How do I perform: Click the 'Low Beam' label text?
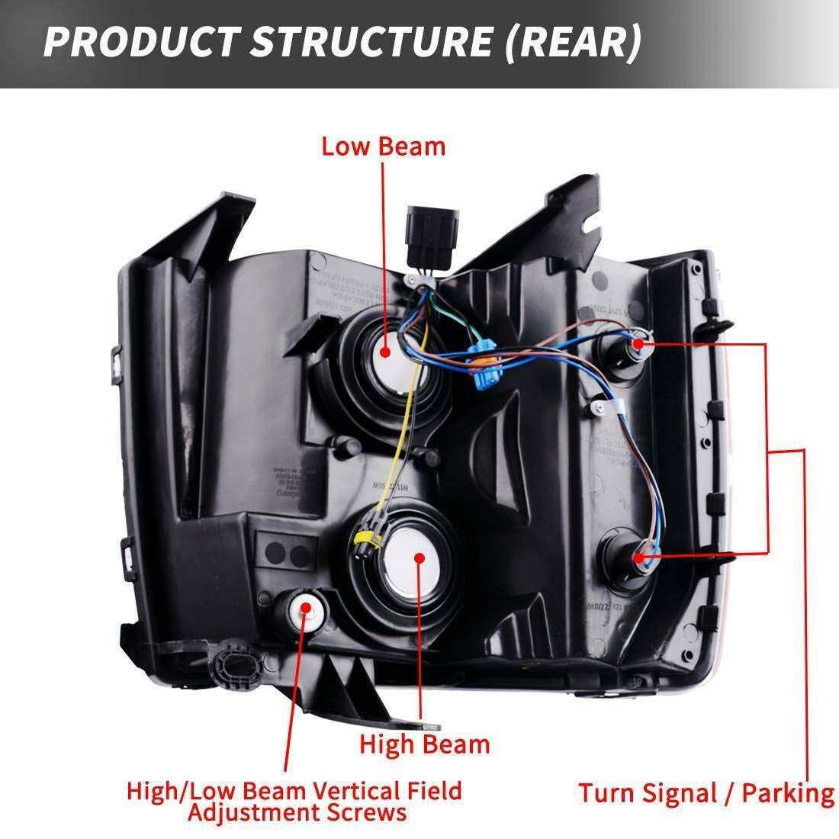click(x=383, y=146)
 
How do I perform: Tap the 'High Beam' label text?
click(x=425, y=744)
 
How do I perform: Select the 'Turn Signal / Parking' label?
click(x=706, y=792)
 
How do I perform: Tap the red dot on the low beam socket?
click(x=385, y=352)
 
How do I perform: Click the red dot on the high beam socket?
click(x=419, y=558)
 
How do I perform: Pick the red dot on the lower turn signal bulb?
click(x=638, y=558)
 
